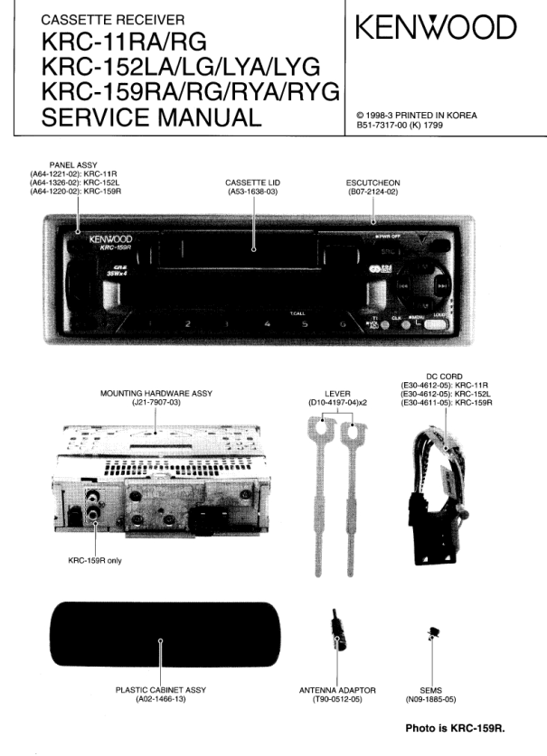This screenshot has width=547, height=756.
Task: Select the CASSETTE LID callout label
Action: [x=252, y=182]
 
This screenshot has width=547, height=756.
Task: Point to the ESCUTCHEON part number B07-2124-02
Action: [x=373, y=191]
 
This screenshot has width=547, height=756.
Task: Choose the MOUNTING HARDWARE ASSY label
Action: [x=156, y=394]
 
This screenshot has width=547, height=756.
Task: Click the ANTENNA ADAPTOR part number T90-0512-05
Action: [x=337, y=699]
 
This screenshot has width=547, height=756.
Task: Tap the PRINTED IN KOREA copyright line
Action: [x=416, y=116]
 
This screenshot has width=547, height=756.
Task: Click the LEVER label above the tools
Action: [x=336, y=394]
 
